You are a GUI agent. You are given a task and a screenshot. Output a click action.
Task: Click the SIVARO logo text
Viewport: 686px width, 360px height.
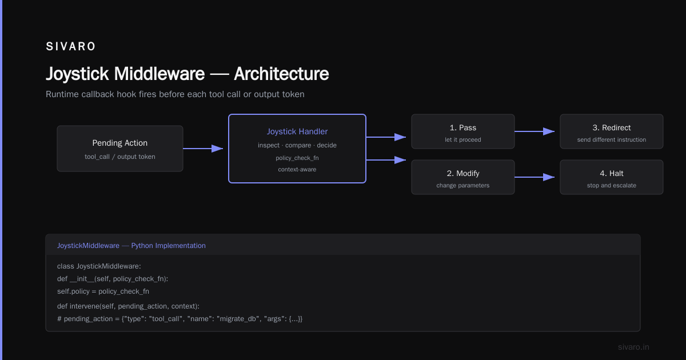(x=70, y=46)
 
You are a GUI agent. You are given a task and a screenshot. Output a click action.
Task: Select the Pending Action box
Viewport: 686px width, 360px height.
(x=120, y=149)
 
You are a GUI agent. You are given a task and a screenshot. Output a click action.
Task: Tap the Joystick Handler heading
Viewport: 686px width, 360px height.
(x=297, y=131)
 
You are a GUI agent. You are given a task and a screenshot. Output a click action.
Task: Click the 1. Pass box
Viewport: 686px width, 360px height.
(x=462, y=131)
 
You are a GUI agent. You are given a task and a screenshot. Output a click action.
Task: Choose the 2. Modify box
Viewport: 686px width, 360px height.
(x=462, y=177)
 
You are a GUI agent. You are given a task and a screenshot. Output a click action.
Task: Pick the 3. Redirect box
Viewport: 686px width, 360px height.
(x=612, y=131)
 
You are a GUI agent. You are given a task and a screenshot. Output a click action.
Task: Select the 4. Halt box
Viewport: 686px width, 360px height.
(x=612, y=177)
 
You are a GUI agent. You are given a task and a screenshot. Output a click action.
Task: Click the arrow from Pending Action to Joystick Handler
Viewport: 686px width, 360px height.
(x=203, y=149)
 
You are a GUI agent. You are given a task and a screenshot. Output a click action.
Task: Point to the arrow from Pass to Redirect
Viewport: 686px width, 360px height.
(x=535, y=131)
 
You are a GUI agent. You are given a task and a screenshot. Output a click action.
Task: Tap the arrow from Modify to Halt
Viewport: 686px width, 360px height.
(x=535, y=177)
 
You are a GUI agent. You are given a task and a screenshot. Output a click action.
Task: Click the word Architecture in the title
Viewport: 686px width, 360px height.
(x=281, y=74)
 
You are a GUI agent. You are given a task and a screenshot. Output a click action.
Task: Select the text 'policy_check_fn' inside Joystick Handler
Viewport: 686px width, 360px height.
(x=297, y=158)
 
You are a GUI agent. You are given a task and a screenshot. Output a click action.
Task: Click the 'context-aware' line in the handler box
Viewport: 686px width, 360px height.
(x=297, y=169)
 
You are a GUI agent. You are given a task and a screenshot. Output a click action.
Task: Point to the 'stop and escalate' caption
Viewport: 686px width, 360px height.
(x=612, y=185)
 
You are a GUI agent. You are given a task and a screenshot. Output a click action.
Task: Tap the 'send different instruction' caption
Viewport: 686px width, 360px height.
(x=612, y=139)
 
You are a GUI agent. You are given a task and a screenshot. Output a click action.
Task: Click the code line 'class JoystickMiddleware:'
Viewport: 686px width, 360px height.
(x=99, y=266)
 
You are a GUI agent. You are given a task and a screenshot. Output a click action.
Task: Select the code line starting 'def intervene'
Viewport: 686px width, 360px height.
(x=128, y=306)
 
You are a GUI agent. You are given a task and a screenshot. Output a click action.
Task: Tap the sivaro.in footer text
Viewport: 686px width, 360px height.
(x=633, y=347)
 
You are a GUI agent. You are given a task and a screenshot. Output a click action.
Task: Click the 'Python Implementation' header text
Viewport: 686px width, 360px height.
(x=169, y=246)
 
